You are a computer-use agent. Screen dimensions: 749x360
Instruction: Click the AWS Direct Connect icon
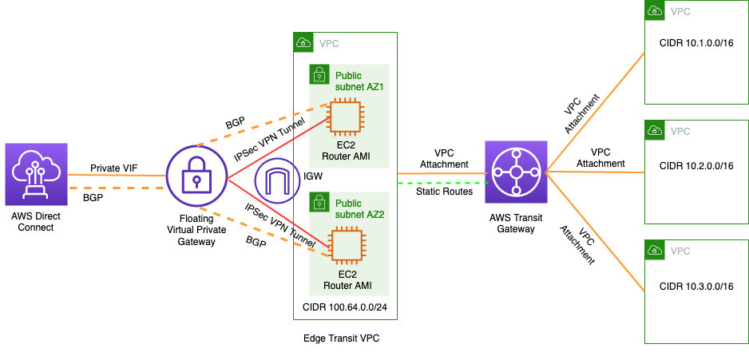(x=37, y=174)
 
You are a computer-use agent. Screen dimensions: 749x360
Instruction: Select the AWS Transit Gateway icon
(x=516, y=172)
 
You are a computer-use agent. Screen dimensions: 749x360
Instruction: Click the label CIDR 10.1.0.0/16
(x=696, y=46)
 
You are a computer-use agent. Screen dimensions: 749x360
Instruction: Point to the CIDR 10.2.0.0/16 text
(x=696, y=166)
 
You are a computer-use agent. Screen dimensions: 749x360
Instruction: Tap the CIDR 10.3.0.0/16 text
(x=696, y=287)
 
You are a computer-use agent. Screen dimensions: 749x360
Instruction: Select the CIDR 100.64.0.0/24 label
(x=345, y=306)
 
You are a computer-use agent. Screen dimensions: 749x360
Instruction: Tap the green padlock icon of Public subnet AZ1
(x=318, y=73)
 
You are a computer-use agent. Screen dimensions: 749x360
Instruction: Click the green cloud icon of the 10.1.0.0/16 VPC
(x=652, y=11)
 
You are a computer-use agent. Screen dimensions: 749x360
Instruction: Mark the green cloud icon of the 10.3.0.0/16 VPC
(x=652, y=250)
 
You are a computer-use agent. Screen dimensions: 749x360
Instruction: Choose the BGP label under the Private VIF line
(x=93, y=198)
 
